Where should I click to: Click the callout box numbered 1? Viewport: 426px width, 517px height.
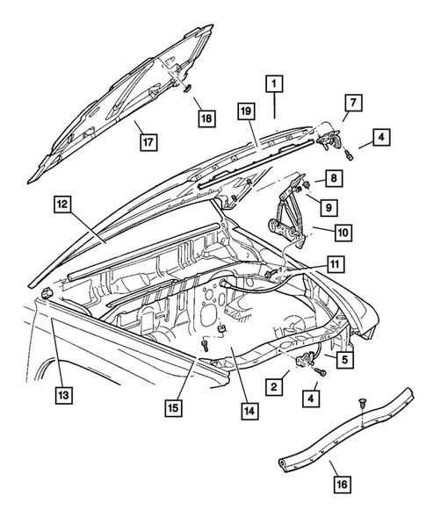point(274,85)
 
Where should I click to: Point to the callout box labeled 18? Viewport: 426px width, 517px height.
point(204,118)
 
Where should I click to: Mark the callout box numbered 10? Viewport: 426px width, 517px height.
point(342,232)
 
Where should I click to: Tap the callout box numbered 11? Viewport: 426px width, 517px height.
point(336,262)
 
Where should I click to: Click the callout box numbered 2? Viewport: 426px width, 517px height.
point(274,385)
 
